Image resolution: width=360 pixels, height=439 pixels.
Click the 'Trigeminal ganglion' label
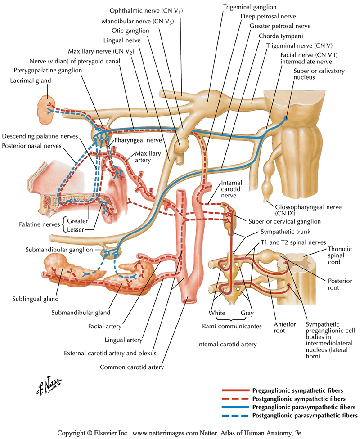(248, 8)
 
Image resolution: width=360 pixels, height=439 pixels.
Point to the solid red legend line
(235, 390)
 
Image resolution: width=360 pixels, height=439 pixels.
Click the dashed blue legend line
(235, 415)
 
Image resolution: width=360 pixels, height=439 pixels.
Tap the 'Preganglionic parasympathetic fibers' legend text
(306, 407)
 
